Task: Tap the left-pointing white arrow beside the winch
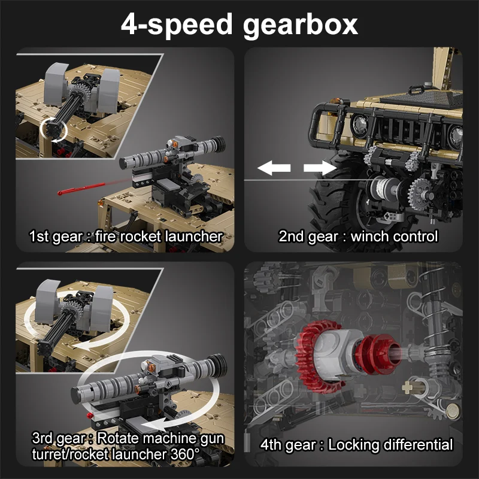point(274,168)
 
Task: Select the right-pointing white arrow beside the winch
point(320,168)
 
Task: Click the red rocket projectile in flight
point(81,188)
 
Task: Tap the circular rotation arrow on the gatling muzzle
point(53,130)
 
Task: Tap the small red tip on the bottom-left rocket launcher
point(90,416)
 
